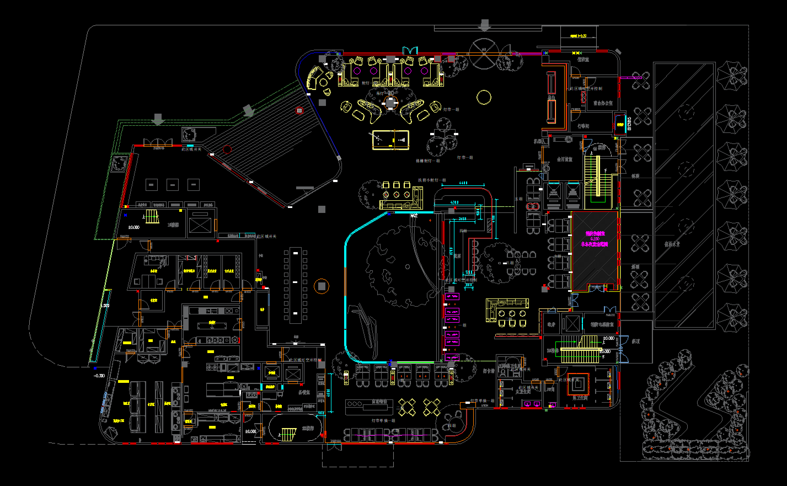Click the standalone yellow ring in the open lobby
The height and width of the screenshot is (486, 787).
click(484, 97)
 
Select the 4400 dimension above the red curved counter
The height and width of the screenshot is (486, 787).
click(463, 183)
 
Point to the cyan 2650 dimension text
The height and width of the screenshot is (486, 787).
click(462, 219)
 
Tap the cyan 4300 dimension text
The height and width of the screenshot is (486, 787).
click(454, 202)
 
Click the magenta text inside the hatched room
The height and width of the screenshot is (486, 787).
click(595, 239)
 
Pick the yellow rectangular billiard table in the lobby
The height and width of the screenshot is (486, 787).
click(390, 140)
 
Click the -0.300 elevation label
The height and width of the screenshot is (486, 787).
click(99, 376)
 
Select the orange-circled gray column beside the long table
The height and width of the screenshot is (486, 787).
click(321, 286)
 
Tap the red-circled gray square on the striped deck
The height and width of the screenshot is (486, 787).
click(299, 111)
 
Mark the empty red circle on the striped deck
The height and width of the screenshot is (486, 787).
click(227, 149)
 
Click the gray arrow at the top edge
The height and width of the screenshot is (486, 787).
click(484, 25)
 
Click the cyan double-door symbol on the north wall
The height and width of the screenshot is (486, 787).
click(410, 50)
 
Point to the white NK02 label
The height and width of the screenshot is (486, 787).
click(414, 216)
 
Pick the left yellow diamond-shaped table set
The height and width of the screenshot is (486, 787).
click(407, 407)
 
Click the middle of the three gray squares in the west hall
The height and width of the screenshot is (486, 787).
click(173, 185)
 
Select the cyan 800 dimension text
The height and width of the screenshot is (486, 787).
click(469, 285)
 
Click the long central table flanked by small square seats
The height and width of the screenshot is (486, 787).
click(295, 285)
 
